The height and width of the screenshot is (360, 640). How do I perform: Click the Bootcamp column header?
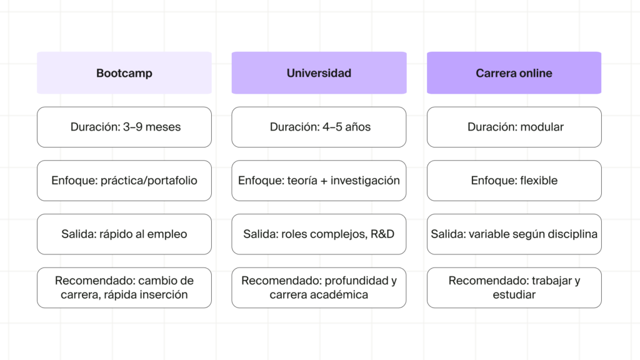point(124,73)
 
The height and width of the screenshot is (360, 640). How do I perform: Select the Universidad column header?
point(319,73)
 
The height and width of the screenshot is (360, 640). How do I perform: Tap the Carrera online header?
point(514,73)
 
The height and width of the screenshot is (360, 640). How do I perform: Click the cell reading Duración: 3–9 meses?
point(124,127)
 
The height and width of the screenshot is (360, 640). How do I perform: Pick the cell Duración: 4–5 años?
point(319,127)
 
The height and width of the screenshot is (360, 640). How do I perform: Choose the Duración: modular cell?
point(514,127)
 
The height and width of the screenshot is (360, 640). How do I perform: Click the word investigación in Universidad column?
point(365,181)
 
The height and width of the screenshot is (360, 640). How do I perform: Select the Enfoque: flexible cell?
point(514,181)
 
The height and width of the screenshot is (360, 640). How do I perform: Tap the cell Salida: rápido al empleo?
point(124,234)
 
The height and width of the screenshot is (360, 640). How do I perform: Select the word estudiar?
point(514,294)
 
